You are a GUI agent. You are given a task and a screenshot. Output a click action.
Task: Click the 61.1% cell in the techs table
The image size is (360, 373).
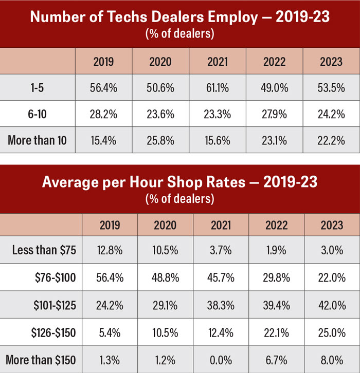pyautogui.click(x=217, y=88)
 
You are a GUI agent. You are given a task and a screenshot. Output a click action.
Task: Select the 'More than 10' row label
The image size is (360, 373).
pyautogui.click(x=37, y=140)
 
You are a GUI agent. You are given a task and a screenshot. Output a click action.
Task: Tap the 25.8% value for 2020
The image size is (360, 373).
pyautogui.click(x=160, y=140)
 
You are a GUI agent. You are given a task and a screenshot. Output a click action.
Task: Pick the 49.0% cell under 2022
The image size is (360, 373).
pyautogui.click(x=274, y=88)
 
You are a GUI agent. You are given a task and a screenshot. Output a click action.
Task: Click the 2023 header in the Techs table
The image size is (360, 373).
pyautogui.click(x=331, y=62)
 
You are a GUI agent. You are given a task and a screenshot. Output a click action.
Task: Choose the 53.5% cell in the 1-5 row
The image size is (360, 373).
pyautogui.click(x=331, y=88)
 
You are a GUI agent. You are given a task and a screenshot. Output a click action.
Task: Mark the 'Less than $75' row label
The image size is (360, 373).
pyautogui.click(x=44, y=251)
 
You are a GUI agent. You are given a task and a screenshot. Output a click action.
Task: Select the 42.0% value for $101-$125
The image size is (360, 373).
pyautogui.click(x=332, y=305)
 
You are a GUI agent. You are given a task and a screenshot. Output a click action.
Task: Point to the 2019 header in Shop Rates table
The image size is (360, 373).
pyautogui.click(x=110, y=225)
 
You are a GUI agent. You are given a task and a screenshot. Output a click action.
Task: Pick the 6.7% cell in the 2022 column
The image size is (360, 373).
pyautogui.click(x=276, y=359)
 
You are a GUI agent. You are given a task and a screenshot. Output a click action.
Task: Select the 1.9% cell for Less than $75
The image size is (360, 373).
pyautogui.click(x=276, y=251)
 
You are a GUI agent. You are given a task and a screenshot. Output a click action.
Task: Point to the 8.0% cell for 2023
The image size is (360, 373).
pyautogui.click(x=332, y=359)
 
